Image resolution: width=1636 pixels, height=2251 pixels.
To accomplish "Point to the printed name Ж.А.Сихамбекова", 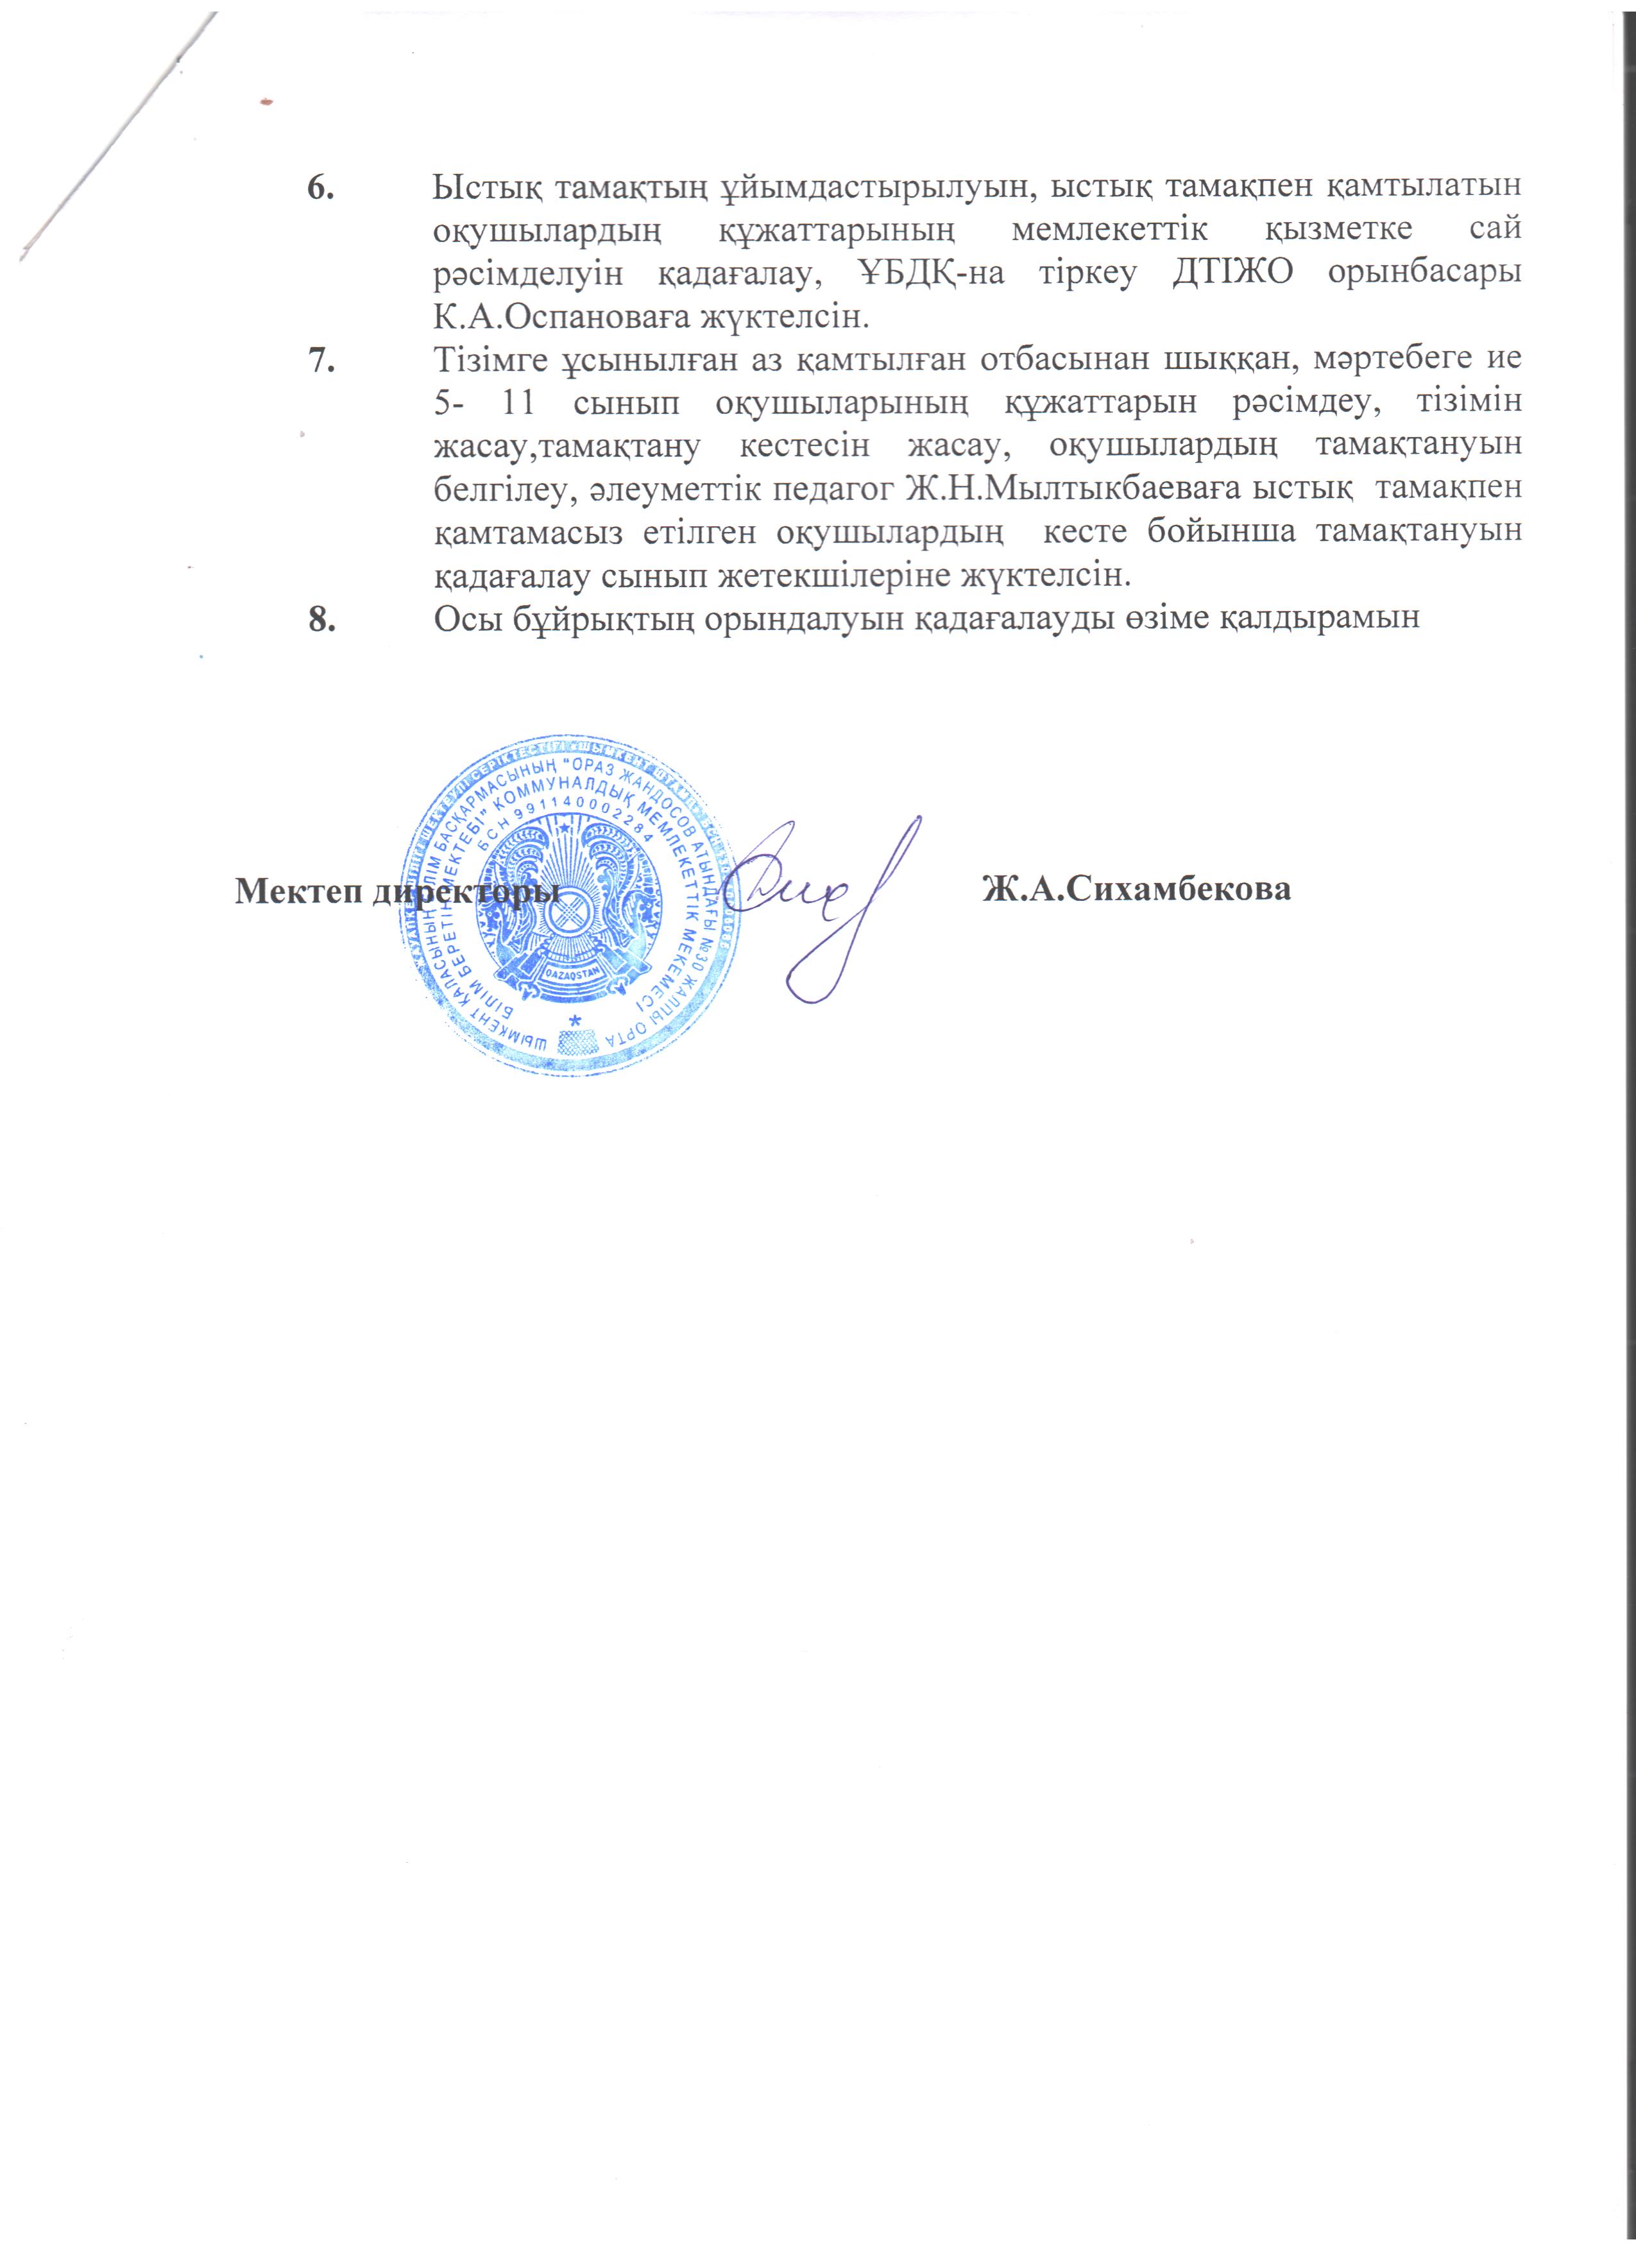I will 1136,889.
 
